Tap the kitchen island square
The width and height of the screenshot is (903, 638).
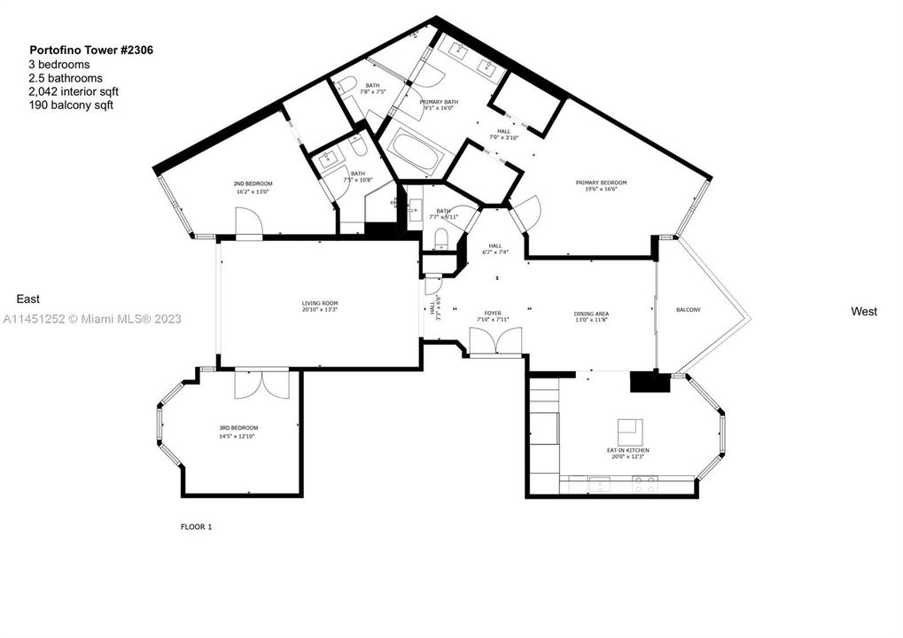(x=630, y=432)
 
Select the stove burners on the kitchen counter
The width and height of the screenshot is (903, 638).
(x=644, y=486)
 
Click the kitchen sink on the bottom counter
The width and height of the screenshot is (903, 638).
(x=599, y=486)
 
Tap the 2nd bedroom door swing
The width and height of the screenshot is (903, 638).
(x=248, y=222)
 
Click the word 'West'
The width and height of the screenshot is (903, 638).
(x=863, y=311)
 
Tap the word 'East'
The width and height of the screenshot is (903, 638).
(x=27, y=300)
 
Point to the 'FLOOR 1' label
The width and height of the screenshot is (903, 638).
(x=196, y=526)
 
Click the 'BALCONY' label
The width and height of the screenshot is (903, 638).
(x=688, y=309)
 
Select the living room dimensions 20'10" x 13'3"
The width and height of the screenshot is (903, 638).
(x=319, y=309)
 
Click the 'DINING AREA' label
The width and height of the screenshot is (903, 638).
(x=590, y=314)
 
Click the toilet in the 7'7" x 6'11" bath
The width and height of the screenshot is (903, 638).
(x=440, y=237)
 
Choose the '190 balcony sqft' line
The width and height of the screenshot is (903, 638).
(x=71, y=105)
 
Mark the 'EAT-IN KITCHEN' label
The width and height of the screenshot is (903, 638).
(x=627, y=450)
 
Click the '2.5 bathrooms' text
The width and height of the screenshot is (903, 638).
(x=66, y=78)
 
